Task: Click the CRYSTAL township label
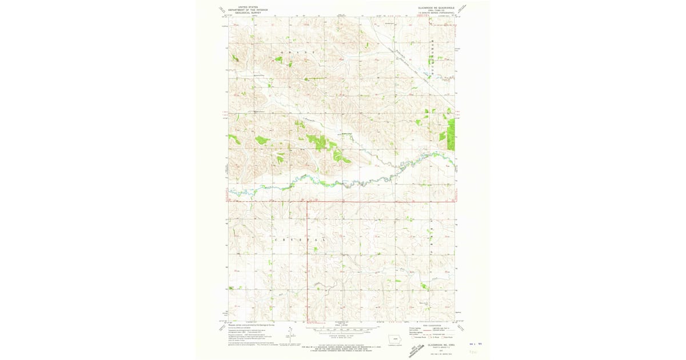click(302, 240)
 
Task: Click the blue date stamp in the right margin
click(472, 345)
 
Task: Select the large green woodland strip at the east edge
click(451, 134)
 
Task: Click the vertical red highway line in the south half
click(308, 257)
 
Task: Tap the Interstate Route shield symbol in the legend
click(412, 338)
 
